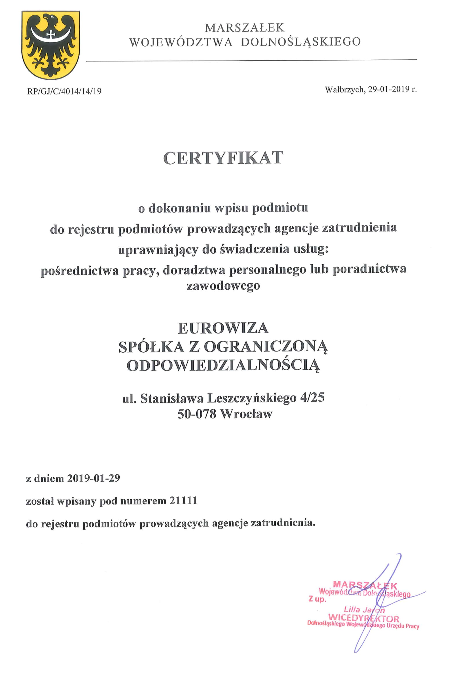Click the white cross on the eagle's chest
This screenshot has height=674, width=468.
[51, 34]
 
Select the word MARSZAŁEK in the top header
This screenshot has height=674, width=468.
[244, 28]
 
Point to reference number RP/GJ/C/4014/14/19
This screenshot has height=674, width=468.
[64, 91]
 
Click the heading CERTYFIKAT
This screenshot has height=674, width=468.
[223, 158]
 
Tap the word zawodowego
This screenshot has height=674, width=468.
[223, 285]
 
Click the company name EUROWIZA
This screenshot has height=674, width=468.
[223, 328]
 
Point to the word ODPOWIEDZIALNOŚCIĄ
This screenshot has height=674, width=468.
[223, 366]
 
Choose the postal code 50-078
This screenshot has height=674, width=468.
[197, 414]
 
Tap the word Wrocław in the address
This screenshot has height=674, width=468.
[246, 414]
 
